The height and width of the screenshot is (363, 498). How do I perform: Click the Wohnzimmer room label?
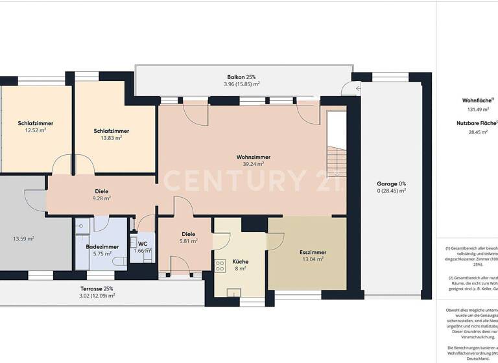253,157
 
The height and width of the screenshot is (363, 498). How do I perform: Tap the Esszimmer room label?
313,252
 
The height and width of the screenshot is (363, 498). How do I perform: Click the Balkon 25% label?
241,76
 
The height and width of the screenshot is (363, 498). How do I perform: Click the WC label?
141,244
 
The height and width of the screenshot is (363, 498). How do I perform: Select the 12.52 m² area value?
35,130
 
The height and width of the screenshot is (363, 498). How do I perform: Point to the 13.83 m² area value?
111,138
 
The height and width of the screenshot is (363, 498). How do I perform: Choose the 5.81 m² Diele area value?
188,241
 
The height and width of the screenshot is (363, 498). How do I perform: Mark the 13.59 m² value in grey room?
23,239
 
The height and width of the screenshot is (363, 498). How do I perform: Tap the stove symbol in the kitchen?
219,265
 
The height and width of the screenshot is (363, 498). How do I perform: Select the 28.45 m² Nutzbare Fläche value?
478,132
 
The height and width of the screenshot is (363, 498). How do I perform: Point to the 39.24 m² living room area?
253,165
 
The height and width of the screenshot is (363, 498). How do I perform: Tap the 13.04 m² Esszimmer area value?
313,259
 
